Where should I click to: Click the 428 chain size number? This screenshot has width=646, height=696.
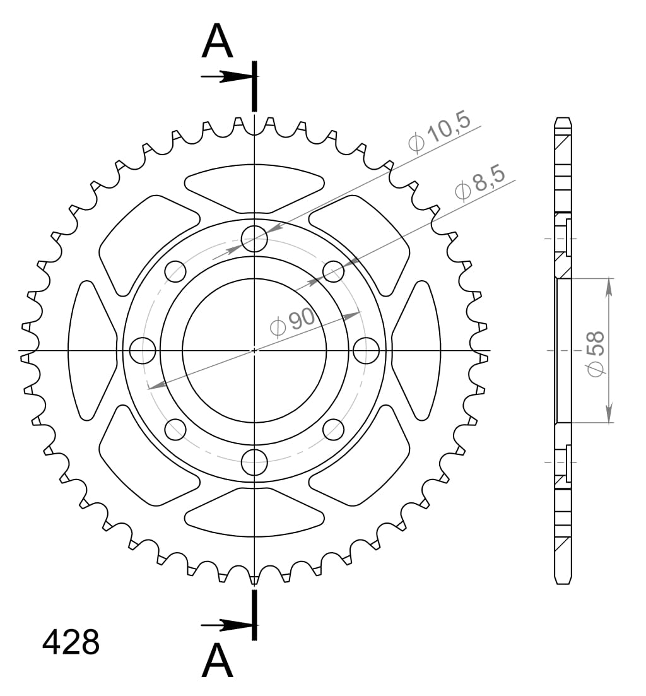pos(71,642)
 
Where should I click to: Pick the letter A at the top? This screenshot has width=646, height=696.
pos(218,42)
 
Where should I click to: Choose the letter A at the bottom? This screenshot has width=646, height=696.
pos(218,661)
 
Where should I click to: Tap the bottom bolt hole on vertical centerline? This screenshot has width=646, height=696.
pos(254,462)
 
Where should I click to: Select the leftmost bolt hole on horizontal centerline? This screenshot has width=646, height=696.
pos(143,350)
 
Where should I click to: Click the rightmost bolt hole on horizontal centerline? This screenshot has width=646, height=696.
pos(365,350)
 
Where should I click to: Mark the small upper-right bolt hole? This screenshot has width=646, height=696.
pos(333,272)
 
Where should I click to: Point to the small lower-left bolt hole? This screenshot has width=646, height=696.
pos(175,429)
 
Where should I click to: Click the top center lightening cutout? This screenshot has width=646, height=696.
pos(254,187)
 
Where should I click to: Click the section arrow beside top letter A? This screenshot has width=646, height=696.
pos(227,77)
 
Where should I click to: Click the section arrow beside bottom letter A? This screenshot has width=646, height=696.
pos(227,626)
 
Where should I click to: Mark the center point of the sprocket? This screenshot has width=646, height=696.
pos(254,350)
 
